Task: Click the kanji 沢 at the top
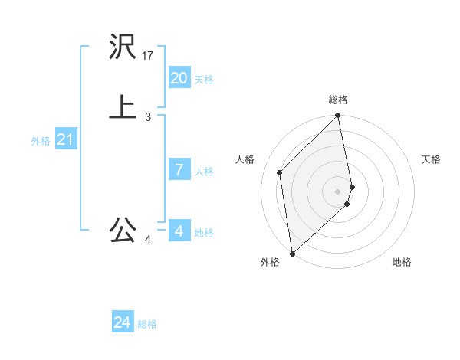pos(123,47)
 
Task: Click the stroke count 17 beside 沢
pos(148,56)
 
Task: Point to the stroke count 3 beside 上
pos(148,117)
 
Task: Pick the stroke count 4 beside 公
pos(148,240)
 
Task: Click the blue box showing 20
pos(179,77)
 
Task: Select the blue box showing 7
pos(179,169)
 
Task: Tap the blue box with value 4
pos(179,231)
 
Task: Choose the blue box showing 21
pos(65,139)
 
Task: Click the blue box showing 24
pos(122,322)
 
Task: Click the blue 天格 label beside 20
pos(203,80)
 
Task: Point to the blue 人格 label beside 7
pos(203,172)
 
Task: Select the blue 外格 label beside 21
pos(41,141)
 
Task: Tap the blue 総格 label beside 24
pos(147,325)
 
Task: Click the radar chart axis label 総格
pos(338,100)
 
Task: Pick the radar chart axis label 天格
pos(431,159)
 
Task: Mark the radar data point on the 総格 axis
pos(338,116)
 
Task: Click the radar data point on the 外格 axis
pos(292,253)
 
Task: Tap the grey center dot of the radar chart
pos(338,191)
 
